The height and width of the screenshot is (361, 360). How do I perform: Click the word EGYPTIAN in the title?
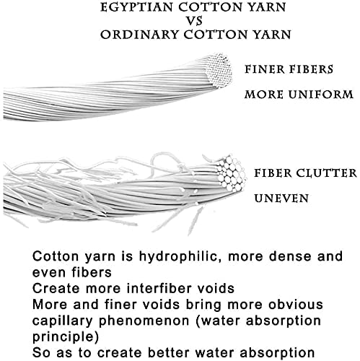pyautogui.click(x=137, y=7)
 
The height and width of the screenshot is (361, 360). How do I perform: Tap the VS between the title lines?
pyautogui.click(x=194, y=21)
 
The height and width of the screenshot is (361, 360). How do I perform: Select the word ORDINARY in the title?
pyautogui.click(x=139, y=35)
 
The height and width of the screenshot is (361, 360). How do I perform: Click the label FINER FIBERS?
pyautogui.click(x=289, y=69)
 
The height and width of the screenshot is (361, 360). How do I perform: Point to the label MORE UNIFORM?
pyautogui.click(x=299, y=95)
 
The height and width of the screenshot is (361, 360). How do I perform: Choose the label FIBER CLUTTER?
pyautogui.click(x=305, y=173)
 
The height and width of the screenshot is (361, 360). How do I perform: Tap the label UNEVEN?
pyautogui.click(x=281, y=199)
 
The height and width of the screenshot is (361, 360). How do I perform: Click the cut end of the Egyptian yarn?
pyautogui.click(x=219, y=71)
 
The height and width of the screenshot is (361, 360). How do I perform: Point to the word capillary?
pyautogui.click(x=62, y=321)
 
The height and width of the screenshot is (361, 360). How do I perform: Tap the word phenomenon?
pyautogui.click(x=144, y=321)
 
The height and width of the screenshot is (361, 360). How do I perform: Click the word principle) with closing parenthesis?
pyautogui.click(x=66, y=337)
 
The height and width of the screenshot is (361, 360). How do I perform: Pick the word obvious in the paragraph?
pyautogui.click(x=296, y=305)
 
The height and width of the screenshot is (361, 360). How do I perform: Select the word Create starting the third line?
pyautogui.click(x=56, y=288)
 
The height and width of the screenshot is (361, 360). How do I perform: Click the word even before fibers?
pyautogui.click(x=49, y=272)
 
